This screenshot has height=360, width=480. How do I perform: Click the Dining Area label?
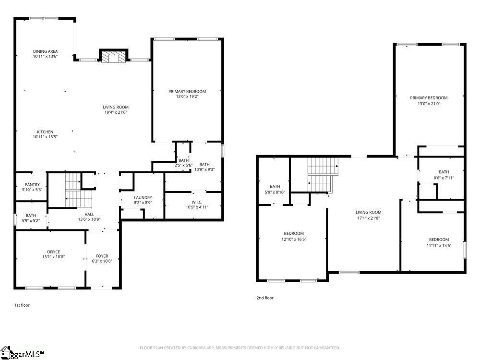point(46,51)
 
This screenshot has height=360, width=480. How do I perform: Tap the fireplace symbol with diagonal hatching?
point(114,57)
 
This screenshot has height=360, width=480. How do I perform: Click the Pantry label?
point(32,185)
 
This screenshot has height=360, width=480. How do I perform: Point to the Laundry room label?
point(143,197)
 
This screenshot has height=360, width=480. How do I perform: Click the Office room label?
point(53,252)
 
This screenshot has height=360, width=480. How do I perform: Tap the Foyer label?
point(102,256)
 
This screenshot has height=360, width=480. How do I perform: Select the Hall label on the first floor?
point(89,215)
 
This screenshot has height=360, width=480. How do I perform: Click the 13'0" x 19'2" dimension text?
point(187,96)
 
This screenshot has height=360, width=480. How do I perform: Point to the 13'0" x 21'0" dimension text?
point(429,103)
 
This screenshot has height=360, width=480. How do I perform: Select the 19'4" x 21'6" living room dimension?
point(116,112)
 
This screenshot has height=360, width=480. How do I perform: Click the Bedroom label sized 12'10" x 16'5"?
point(293,233)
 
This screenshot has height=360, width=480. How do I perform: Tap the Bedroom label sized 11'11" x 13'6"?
point(439,240)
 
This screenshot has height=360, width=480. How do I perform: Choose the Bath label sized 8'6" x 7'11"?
point(444,172)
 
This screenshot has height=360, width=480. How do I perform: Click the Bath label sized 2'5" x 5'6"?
point(183,160)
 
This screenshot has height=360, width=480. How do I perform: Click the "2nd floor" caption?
point(264,298)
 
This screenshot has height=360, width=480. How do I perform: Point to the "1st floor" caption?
point(22,305)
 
